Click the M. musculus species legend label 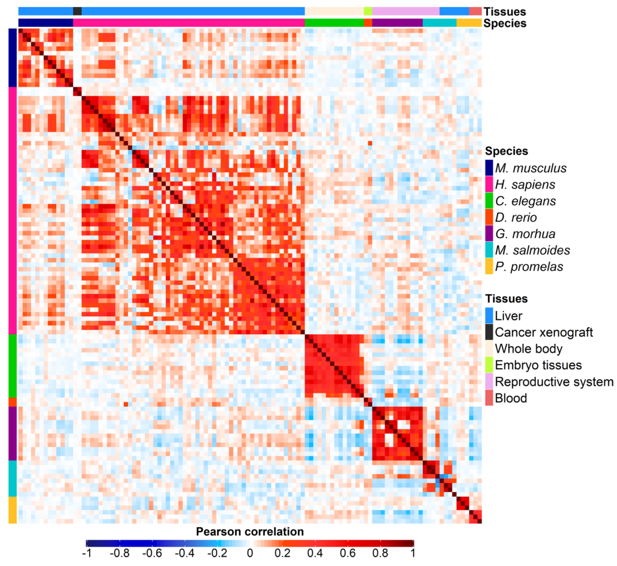[531, 168]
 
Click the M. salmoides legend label [532, 250]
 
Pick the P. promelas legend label [529, 267]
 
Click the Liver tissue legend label [508, 316]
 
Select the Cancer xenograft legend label [544, 332]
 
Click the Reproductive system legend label [554, 382]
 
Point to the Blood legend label [511, 398]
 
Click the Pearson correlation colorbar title [250, 532]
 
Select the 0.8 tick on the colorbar [380, 553]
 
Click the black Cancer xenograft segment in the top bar [77, 11]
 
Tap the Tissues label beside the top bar [505, 12]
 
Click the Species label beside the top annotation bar [505, 23]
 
